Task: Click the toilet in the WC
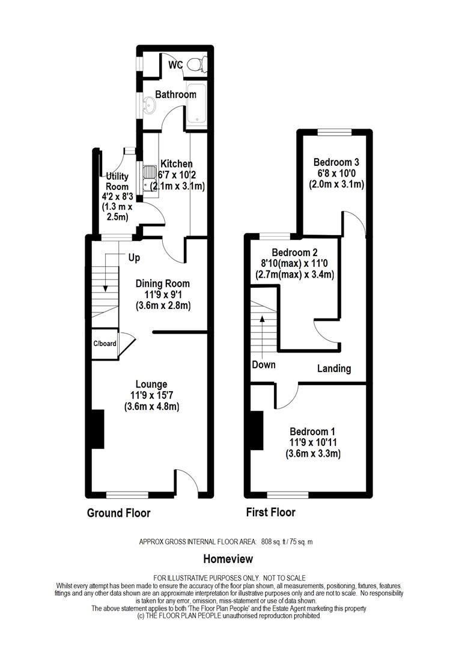tap(196, 64)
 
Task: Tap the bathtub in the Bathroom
tap(196, 106)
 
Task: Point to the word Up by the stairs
tap(134, 258)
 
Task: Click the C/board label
tap(105, 344)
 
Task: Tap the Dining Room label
tap(162, 284)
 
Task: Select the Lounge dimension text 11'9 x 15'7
tap(151, 395)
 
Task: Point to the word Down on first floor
tap(264, 365)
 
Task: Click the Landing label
tap(333, 368)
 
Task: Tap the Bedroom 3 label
tap(336, 162)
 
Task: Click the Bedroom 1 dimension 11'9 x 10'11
tap(312, 443)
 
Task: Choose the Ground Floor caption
tap(118, 513)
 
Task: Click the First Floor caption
tap(271, 513)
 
